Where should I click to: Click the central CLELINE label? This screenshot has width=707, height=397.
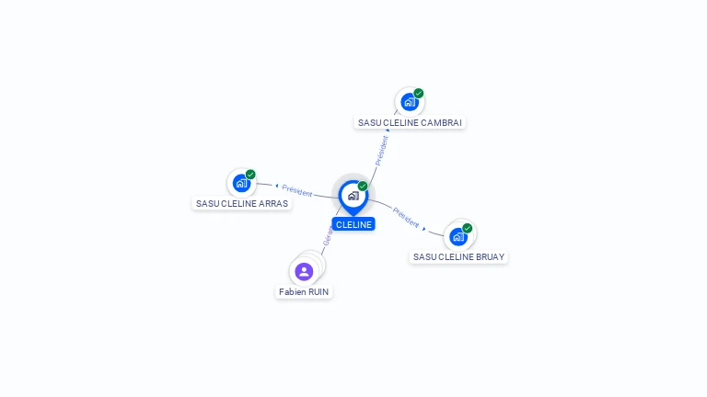click(x=353, y=224)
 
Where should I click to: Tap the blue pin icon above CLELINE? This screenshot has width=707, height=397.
click(x=353, y=196)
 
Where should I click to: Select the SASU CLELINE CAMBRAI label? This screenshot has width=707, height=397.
click(x=411, y=122)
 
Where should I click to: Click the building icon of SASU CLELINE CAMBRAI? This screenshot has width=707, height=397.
click(x=409, y=102)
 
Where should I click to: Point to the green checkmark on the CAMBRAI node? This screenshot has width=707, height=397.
click(x=419, y=93)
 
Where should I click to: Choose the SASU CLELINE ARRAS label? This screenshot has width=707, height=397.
click(x=242, y=203)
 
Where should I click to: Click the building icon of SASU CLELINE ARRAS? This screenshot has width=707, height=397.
click(x=241, y=183)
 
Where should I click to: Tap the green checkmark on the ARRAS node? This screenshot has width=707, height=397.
click(x=250, y=174)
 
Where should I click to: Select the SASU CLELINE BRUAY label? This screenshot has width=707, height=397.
click(x=458, y=256)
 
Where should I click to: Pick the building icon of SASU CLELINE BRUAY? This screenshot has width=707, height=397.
click(x=458, y=236)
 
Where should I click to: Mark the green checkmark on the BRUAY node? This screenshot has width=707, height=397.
click(x=468, y=228)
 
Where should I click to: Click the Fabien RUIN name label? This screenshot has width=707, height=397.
click(x=304, y=291)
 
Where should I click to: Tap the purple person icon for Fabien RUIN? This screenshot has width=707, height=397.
click(x=304, y=271)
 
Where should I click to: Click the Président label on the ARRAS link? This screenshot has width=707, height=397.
click(x=297, y=190)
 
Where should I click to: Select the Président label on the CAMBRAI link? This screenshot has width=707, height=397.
click(x=381, y=150)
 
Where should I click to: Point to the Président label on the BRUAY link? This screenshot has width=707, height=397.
click(x=406, y=217)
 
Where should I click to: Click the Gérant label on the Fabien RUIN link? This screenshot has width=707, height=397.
click(x=327, y=235)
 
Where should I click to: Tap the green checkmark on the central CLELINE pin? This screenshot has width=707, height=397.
click(x=363, y=186)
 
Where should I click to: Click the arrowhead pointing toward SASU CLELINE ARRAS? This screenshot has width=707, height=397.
click(x=276, y=187)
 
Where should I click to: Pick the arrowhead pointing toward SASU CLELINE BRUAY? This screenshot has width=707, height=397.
click(x=424, y=227)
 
